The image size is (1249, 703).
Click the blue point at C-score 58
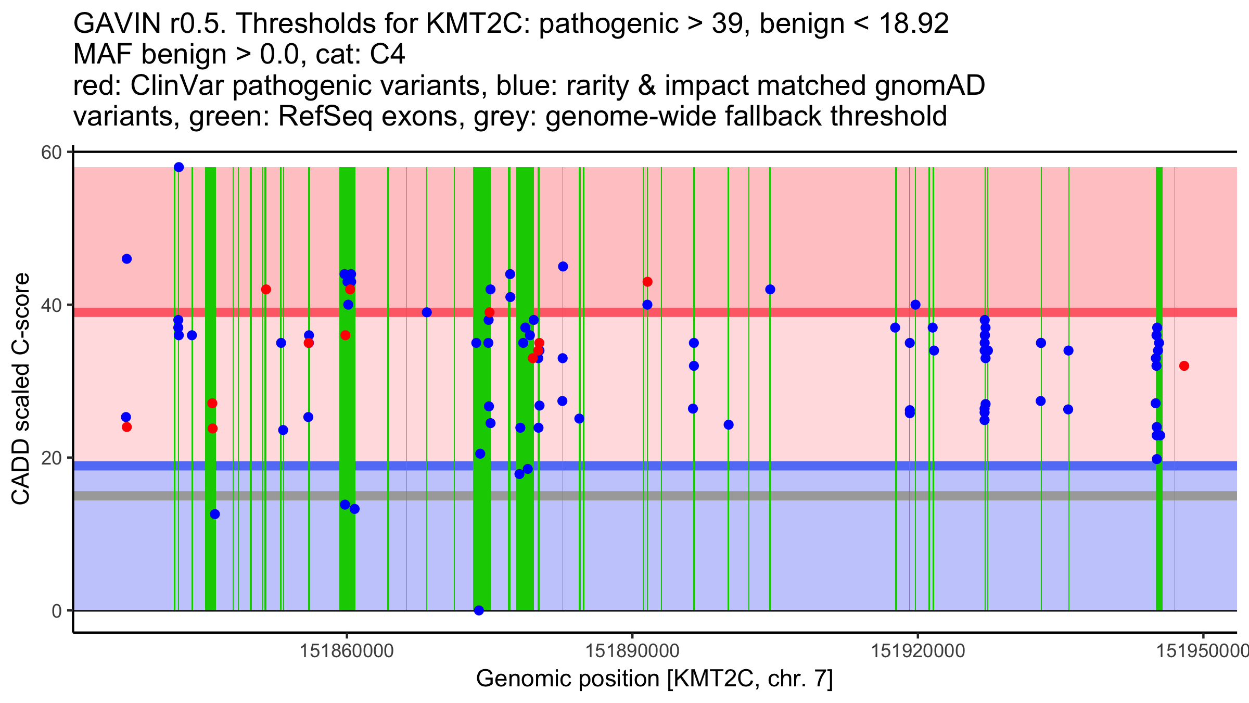point(179,167)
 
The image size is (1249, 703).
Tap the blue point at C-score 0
point(479,610)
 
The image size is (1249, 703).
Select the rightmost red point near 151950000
point(1184,366)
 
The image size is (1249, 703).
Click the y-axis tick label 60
point(51,153)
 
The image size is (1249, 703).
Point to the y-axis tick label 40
point(51,305)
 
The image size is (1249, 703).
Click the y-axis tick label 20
point(51,458)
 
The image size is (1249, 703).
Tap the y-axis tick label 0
point(56,611)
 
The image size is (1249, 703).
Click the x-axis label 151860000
point(347,651)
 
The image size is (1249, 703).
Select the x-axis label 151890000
point(632,651)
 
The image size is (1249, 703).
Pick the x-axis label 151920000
point(918,651)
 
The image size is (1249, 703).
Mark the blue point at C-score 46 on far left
point(126,259)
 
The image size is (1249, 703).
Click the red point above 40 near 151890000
point(647,282)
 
